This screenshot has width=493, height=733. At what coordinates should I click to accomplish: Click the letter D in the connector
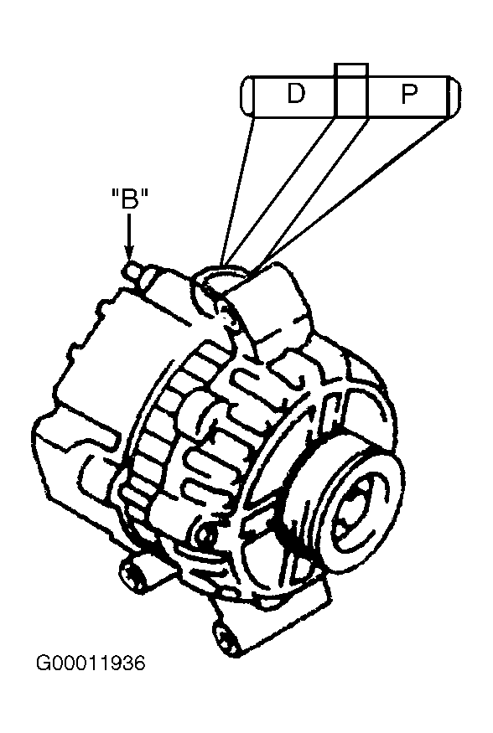click(x=296, y=94)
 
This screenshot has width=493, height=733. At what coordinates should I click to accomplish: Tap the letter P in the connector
click(x=409, y=94)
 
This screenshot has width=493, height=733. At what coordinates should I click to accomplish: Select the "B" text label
click(x=130, y=201)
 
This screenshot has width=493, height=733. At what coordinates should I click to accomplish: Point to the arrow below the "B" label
click(x=129, y=239)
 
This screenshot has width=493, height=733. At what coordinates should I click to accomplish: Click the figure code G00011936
click(x=91, y=663)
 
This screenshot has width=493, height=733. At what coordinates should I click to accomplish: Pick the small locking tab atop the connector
click(x=352, y=70)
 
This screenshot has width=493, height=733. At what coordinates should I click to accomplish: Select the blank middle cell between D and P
click(x=352, y=95)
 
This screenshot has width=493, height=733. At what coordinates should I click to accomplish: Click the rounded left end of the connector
click(x=248, y=95)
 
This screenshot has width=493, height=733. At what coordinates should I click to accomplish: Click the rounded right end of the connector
click(x=454, y=95)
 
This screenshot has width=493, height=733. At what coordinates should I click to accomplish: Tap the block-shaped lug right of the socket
click(x=276, y=304)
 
